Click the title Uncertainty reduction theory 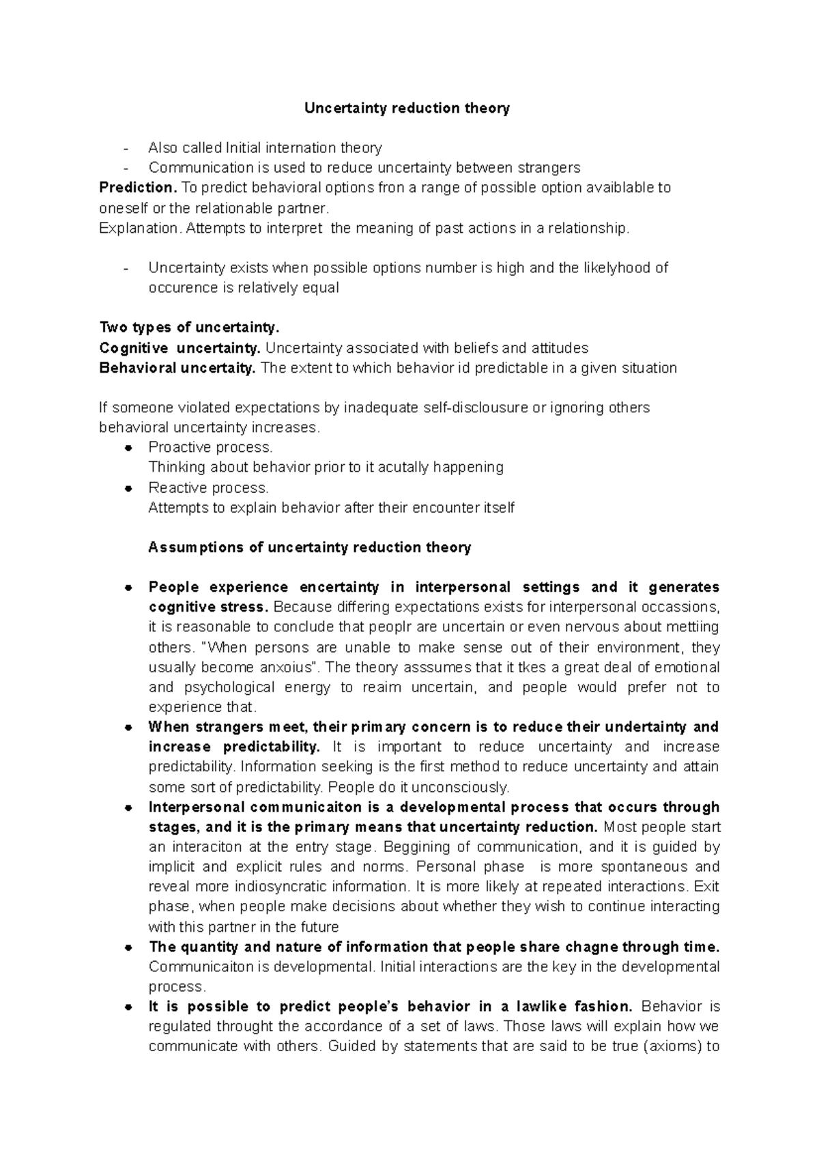407,108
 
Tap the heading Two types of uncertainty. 190,328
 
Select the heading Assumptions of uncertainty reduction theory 309,547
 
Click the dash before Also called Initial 126,148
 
